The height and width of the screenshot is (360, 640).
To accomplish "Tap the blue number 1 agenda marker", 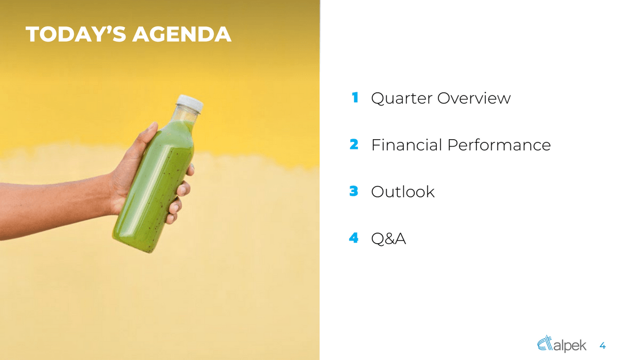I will point(354,98).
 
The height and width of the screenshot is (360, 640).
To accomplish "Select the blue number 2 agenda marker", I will point(354,144).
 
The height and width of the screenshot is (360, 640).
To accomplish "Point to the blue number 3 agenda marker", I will point(354,191).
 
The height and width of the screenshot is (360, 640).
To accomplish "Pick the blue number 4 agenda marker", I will point(354,238).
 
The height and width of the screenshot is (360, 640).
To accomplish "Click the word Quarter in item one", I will point(401,99).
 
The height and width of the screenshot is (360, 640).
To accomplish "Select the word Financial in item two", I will point(406,145).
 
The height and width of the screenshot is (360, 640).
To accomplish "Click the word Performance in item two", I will point(499,145).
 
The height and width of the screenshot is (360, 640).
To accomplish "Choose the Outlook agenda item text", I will point(403,191).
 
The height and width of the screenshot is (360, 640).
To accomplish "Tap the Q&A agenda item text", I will point(388,238).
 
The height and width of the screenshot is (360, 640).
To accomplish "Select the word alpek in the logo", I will point(571,346).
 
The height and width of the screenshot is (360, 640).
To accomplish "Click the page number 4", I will point(603,346).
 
